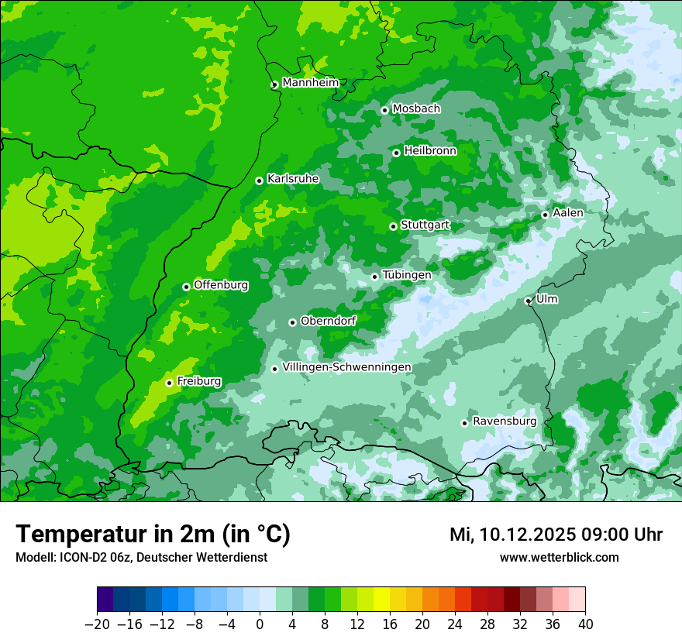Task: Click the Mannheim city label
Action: pyautogui.click(x=310, y=83)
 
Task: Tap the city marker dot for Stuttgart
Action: pyautogui.click(x=393, y=226)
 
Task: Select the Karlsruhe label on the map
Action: pyautogui.click(x=293, y=179)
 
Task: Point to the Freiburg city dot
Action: pyautogui.click(x=169, y=383)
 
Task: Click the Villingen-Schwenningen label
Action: pyautogui.click(x=346, y=367)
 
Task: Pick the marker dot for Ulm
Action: pyautogui.click(x=528, y=301)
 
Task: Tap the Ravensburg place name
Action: pyautogui.click(x=505, y=421)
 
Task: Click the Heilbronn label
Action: pyautogui.click(x=430, y=151)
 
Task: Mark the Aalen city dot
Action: pyautogui.click(x=545, y=215)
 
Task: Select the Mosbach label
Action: pyautogui.click(x=416, y=109)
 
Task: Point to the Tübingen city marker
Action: pyautogui.click(x=374, y=277)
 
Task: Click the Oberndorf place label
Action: pyautogui.click(x=328, y=321)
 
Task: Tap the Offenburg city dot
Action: pyautogui.click(x=186, y=287)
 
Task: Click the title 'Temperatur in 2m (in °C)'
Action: pyautogui.click(x=153, y=534)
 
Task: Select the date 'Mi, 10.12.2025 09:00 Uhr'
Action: pyautogui.click(x=556, y=535)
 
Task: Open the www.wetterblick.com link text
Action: pyautogui.click(x=559, y=557)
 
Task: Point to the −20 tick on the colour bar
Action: pyautogui.click(x=97, y=624)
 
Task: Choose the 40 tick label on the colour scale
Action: pyautogui.click(x=585, y=624)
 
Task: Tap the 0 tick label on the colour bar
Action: pyautogui.click(x=260, y=624)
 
